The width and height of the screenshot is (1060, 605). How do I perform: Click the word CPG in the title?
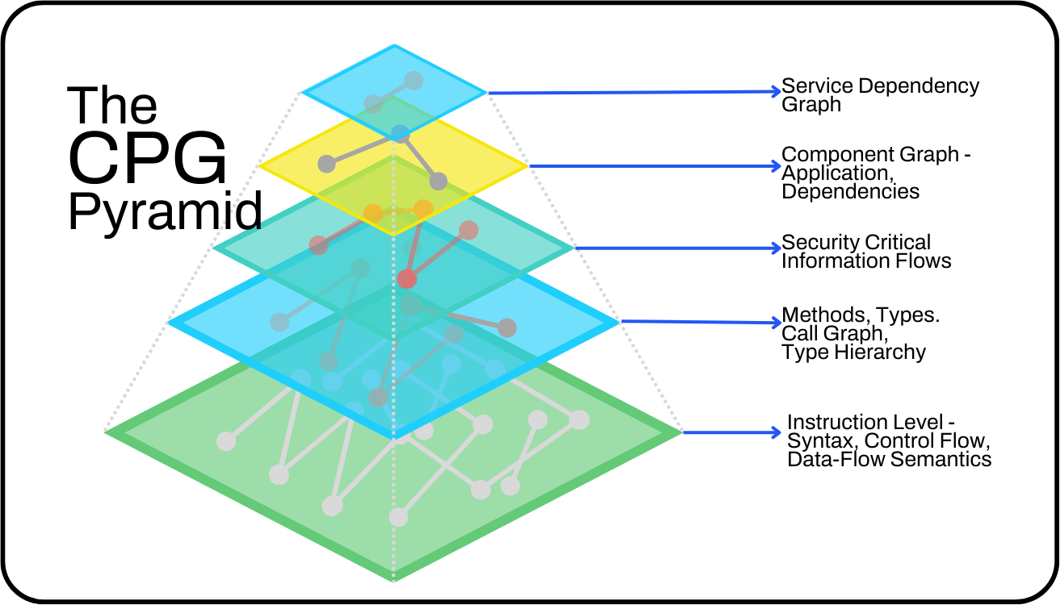148,159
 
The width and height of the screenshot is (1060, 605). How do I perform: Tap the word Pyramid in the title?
165,211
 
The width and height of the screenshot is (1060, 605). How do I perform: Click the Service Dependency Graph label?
880,95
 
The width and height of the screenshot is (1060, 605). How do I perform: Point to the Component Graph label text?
875,173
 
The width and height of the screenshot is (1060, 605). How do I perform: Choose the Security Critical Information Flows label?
865,252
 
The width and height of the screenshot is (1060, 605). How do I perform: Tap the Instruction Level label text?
888,440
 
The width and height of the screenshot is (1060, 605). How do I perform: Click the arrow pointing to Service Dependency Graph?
635,92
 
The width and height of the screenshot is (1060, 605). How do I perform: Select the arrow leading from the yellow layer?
654,167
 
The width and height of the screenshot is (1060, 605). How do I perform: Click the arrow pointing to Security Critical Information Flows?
678,248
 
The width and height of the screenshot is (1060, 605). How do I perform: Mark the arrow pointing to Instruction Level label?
731,432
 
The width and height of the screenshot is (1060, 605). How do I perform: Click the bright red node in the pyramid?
407,279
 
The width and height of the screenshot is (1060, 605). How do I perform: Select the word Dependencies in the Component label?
850,192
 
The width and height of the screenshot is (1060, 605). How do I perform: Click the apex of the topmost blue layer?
394,46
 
